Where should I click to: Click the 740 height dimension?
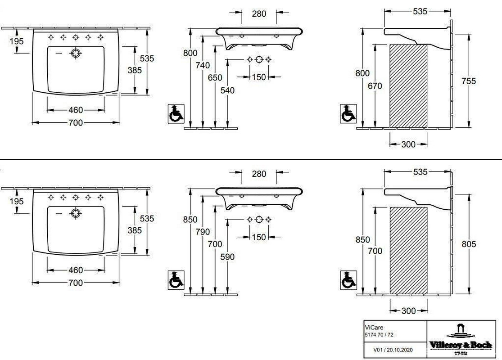tap(203, 65)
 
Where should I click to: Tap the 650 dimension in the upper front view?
tap(215, 78)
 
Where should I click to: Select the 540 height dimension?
tap(227, 90)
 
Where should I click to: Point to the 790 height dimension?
tap(203, 232)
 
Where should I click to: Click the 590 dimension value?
tap(227, 257)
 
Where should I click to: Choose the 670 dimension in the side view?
tap(375, 86)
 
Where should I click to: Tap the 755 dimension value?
tap(469, 81)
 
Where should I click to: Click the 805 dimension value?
tap(469, 244)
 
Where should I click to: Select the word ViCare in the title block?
tap(374, 327)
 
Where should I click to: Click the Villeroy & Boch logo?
tap(460, 340)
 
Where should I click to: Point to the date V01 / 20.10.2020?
tap(393, 350)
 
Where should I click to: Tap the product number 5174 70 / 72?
tap(379, 335)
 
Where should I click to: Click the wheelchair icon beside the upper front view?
tap(176, 113)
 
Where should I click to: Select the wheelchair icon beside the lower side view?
tap(348, 280)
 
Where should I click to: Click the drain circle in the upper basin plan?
tap(76, 54)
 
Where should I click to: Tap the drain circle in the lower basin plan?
tap(76, 213)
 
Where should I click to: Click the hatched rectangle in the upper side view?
tap(408, 86)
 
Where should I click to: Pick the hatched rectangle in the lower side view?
tap(408, 251)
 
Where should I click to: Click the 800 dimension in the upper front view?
tap(190, 53)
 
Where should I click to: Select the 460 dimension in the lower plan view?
tap(76, 270)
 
